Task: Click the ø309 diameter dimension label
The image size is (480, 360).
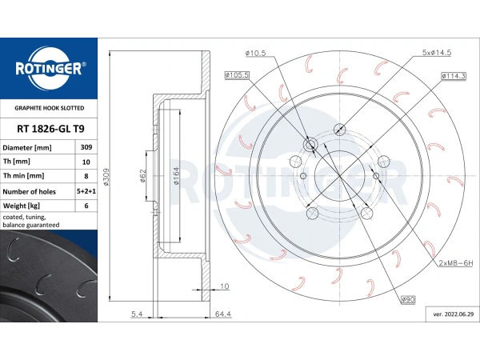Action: click(x=106, y=177)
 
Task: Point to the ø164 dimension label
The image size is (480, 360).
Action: click(x=176, y=176)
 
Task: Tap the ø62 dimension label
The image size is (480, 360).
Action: click(x=142, y=176)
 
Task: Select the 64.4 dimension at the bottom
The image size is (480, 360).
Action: click(x=223, y=314)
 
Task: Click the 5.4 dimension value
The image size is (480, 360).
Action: click(x=137, y=314)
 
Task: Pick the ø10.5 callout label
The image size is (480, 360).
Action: click(x=256, y=53)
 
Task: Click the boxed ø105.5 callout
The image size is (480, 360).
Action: click(x=237, y=74)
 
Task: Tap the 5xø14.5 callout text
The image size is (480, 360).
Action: click(x=437, y=52)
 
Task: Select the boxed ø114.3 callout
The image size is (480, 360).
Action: click(x=454, y=76)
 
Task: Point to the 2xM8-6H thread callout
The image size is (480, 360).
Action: click(x=456, y=262)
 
